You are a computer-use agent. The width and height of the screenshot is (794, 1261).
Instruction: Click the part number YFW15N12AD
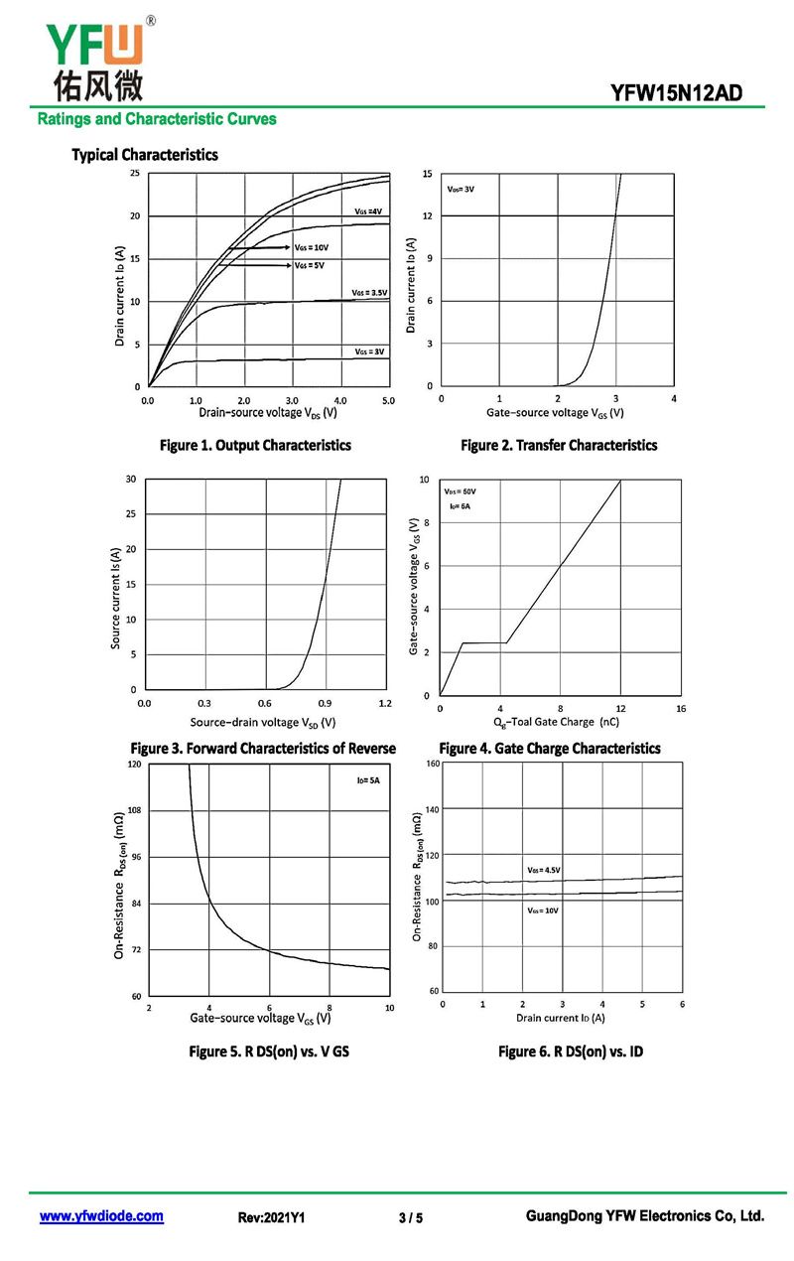tap(675, 93)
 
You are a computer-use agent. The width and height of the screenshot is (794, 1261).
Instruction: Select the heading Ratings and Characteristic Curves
tap(157, 119)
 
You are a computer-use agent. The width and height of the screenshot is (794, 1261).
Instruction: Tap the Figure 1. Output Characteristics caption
tap(255, 446)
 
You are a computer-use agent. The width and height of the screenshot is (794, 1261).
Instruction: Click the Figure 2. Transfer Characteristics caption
tap(559, 446)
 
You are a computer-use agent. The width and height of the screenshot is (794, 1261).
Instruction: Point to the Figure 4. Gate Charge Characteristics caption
tap(550, 749)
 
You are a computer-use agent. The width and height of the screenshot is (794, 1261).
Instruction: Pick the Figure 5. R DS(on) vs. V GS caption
tap(269, 1051)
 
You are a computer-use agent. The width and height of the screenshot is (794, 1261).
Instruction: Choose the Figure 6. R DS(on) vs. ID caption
tap(571, 1051)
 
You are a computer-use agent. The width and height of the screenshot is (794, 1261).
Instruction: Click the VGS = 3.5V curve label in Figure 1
tap(369, 293)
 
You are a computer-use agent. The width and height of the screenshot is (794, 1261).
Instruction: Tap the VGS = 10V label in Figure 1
tap(311, 247)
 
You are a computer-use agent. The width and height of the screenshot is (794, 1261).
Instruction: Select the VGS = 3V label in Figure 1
tap(369, 351)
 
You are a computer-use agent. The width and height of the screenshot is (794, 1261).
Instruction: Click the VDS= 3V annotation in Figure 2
tap(461, 189)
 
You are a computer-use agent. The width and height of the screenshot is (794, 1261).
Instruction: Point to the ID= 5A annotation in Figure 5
tap(368, 781)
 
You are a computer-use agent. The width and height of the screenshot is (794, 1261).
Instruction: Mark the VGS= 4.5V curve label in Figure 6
tap(544, 870)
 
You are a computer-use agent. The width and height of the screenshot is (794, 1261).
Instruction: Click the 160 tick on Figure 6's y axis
tap(432, 764)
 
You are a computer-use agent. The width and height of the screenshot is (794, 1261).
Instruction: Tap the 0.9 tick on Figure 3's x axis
tap(325, 702)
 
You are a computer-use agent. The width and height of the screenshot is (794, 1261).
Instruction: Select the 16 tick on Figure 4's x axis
tap(681, 708)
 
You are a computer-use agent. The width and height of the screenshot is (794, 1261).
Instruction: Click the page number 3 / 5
tap(410, 1217)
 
